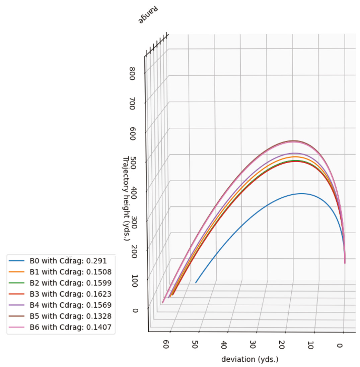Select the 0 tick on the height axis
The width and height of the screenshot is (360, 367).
tap(135, 310)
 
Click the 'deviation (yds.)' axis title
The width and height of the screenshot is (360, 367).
tap(250, 359)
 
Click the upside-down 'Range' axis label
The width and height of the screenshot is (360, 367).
tap(149, 15)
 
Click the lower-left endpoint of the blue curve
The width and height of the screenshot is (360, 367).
tap(196, 283)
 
